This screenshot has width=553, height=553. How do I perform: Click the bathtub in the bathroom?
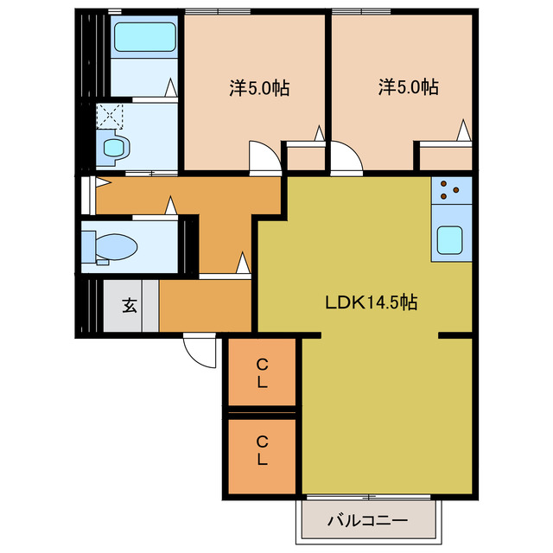[144, 36]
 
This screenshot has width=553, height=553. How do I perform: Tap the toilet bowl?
[117, 246]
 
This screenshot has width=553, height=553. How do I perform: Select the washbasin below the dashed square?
[114, 148]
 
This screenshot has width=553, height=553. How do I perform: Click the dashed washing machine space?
[110, 116]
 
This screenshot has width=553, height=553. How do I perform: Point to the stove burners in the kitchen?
[449, 189]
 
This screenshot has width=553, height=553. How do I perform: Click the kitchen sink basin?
[449, 240]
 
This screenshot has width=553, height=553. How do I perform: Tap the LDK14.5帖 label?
[371, 302]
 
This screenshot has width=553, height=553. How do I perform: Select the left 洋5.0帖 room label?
[259, 88]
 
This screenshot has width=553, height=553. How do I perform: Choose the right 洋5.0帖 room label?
[409, 87]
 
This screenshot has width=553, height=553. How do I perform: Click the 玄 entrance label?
[130, 305]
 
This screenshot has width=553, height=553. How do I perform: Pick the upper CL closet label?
[262, 373]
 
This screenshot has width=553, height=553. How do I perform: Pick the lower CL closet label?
[262, 450]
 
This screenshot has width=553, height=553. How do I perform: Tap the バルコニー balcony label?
[367, 520]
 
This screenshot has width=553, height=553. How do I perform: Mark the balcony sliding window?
[369, 498]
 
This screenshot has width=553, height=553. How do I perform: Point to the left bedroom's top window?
[218, 11]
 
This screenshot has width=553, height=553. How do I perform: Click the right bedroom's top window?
[361, 11]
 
